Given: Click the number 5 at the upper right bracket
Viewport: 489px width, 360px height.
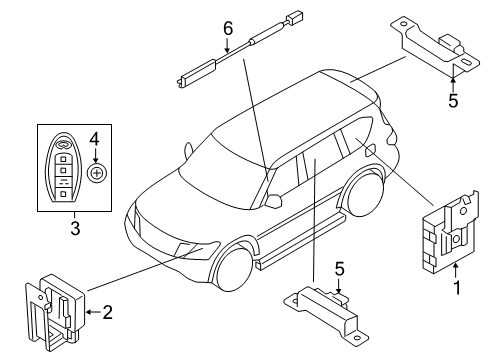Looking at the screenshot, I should tap(453, 99).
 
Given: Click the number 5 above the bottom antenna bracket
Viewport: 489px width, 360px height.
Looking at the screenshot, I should tap(339, 268).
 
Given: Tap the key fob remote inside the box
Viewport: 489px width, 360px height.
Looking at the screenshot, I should tap(65, 167).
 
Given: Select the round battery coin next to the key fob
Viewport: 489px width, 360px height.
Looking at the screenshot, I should tap(97, 174).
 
